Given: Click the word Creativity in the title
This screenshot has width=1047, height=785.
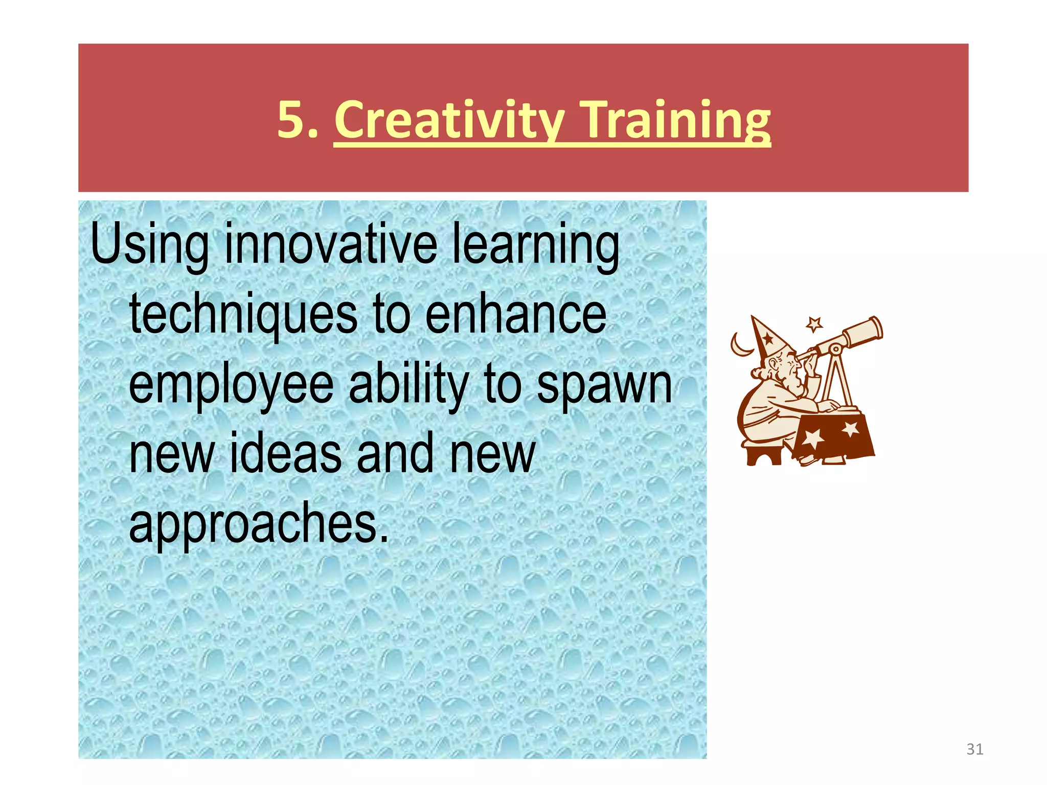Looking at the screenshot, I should [449, 120].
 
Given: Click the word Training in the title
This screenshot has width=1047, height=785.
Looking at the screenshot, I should [676, 120].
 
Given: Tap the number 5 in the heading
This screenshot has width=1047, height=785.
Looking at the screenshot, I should [291, 120].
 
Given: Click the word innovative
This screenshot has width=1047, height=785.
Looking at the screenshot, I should [330, 244].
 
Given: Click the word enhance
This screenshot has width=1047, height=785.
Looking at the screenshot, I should [515, 315].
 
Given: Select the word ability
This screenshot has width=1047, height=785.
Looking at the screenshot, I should [409, 384].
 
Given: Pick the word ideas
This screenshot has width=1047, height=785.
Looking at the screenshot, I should [285, 453].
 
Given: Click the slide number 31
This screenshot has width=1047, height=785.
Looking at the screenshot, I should [974, 749].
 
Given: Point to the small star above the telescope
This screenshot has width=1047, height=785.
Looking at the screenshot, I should [814, 324].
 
